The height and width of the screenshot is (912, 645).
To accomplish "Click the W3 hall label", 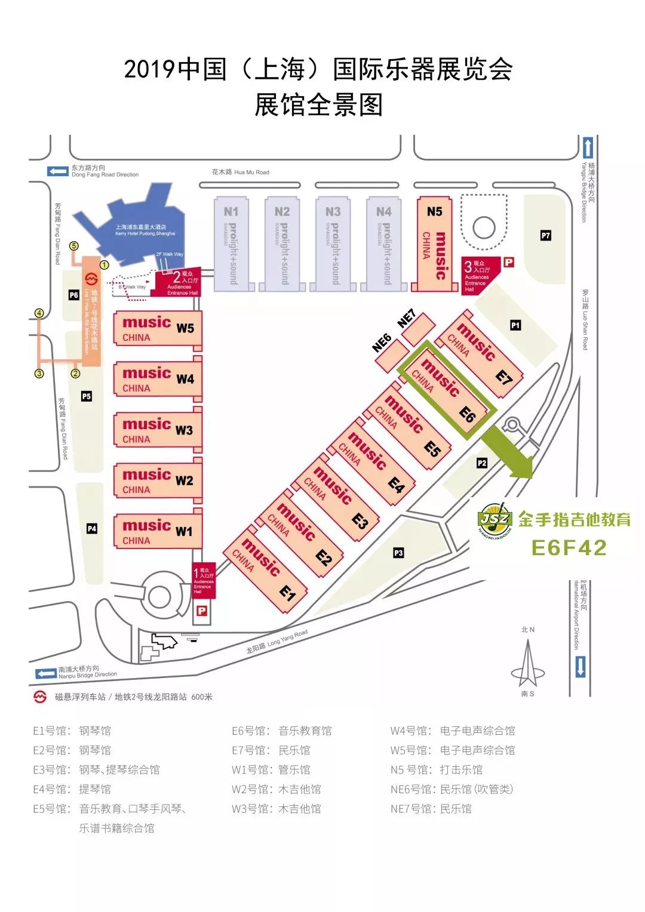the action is click(184, 430).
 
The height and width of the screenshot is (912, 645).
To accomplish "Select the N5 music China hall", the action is click(434, 244).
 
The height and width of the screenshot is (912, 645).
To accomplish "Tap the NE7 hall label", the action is click(407, 319).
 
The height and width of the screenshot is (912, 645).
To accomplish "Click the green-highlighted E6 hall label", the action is click(467, 413).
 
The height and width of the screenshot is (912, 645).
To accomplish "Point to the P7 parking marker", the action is click(545, 236).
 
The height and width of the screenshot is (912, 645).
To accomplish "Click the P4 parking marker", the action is click(91, 529).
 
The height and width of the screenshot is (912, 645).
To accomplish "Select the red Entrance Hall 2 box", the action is click(178, 282).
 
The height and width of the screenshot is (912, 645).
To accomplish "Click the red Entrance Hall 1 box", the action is click(203, 580).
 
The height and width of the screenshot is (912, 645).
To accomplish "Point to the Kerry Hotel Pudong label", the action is click(145, 230).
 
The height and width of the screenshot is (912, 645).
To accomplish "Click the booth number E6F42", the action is click(569, 547).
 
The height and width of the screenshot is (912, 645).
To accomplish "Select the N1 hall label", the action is click(231, 212).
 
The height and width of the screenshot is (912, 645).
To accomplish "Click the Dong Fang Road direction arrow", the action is click(58, 171).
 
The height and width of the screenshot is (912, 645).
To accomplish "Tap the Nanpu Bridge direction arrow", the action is click(46, 673).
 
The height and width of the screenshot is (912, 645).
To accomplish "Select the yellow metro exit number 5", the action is click(74, 245).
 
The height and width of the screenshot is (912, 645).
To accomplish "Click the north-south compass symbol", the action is click(527, 664).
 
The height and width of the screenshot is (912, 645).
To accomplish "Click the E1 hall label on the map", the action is click(288, 593).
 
